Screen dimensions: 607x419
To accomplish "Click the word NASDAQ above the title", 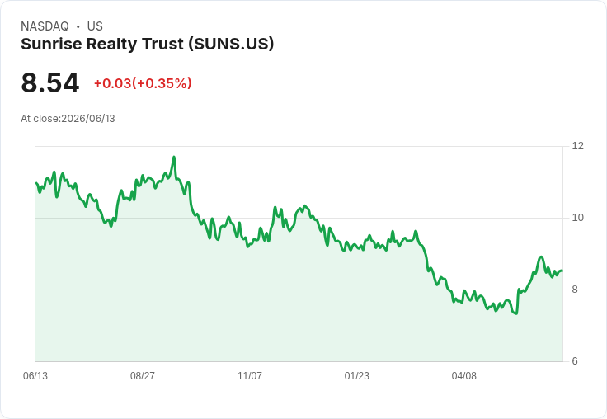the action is pos(45,26).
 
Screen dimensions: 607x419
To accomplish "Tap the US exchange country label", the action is pos(95,26).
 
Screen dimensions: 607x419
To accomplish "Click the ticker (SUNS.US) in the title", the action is pos(231,44).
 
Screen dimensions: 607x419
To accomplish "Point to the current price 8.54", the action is pos(50,82).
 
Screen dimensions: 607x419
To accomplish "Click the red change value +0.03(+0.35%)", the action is pos(143,83).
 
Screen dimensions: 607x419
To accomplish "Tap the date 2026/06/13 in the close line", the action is pos(88,119).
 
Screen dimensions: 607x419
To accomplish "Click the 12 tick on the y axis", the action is pos(577,146).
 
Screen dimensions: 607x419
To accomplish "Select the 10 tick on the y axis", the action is pos(577,218).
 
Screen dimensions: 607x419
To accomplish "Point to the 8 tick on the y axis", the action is pos(575,290).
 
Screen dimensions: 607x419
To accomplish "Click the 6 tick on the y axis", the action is pos(575,361).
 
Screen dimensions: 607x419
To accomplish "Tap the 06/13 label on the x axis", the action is pos(35,375).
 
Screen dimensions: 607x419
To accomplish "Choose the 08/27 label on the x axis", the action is pos(143,375).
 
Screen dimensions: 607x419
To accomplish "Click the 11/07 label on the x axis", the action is pos(250,375).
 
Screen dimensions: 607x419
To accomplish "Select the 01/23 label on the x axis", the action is pos(357,375).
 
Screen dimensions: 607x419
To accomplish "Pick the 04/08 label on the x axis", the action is pos(464,375).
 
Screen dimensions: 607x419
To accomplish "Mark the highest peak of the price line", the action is pos(174,157).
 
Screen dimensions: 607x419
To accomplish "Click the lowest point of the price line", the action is pos(516,313).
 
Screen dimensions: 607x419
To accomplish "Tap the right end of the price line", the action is pos(562,271).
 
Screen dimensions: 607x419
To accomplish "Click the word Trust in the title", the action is pos(163,44).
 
